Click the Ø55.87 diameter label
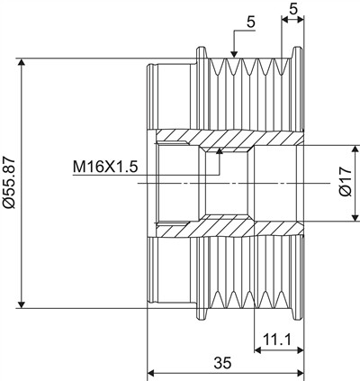(x=8, y=182)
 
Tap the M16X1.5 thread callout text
(x=105, y=167)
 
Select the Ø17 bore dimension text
(x=346, y=183)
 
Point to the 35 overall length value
(x=222, y=363)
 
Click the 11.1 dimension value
(x=277, y=340)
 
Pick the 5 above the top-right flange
(x=293, y=9)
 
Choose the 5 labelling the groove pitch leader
(x=251, y=23)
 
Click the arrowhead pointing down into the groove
(x=234, y=53)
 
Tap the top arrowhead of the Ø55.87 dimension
(x=21, y=62)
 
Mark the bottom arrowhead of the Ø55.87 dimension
(x=21, y=304)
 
